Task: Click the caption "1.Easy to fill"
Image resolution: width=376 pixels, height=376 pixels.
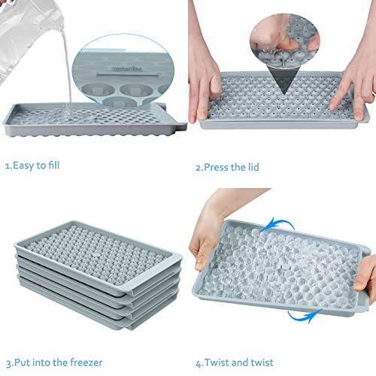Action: [35, 165]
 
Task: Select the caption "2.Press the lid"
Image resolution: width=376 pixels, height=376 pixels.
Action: [226, 167]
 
